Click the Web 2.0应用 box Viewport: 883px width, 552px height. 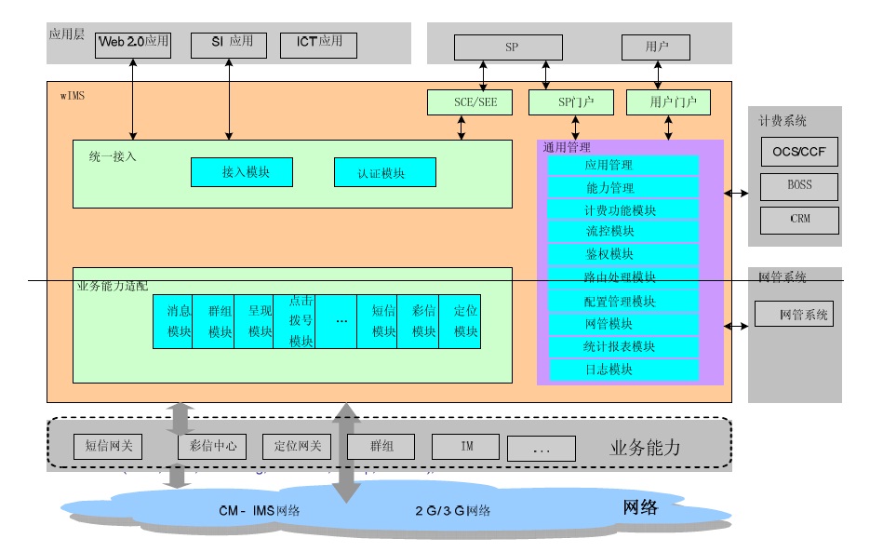click(x=133, y=43)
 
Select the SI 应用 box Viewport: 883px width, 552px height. click(x=228, y=43)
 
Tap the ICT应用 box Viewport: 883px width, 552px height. click(x=318, y=43)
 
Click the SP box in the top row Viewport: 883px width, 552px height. click(x=508, y=47)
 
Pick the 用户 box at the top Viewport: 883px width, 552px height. click(x=656, y=47)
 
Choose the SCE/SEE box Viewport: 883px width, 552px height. click(x=462, y=102)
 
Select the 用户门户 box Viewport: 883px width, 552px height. click(x=668, y=102)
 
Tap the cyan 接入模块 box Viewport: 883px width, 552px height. click(x=242, y=172)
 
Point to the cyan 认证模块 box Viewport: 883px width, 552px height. click(x=384, y=173)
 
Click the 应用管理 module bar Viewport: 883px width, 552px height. click(x=622, y=166)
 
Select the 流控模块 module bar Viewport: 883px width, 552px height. click(x=622, y=232)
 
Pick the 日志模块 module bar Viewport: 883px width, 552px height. click(x=622, y=370)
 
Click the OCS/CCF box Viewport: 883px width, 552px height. click(x=799, y=152)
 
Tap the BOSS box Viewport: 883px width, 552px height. click(x=799, y=186)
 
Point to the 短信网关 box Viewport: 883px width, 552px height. click(x=108, y=447)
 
